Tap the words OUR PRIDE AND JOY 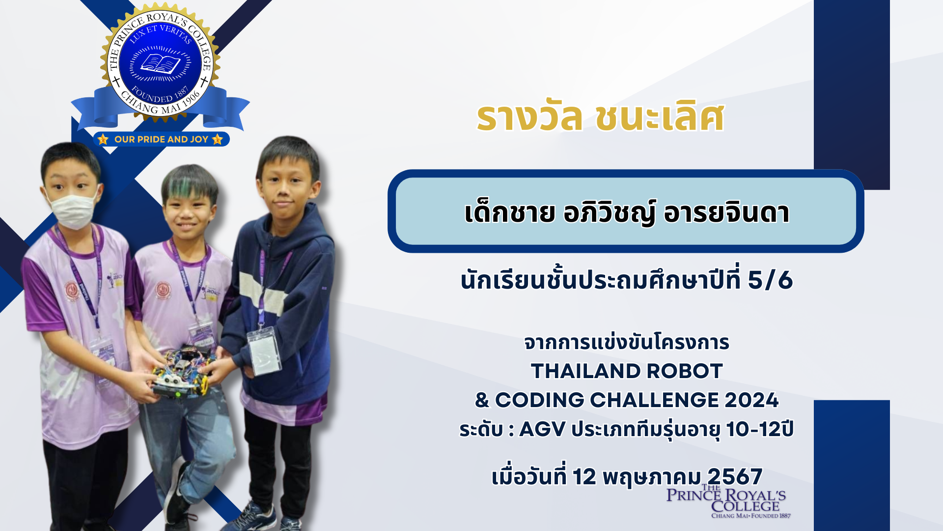(x=162, y=139)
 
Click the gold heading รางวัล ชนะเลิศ (x=600, y=118)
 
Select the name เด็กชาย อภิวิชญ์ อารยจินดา (x=627, y=212)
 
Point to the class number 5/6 (x=770, y=280)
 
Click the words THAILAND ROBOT (x=627, y=371)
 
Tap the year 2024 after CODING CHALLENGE (x=751, y=400)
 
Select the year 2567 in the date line (x=735, y=476)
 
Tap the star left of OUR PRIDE (x=103, y=139)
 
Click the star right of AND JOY (x=218, y=139)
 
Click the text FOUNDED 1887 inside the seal (x=160, y=95)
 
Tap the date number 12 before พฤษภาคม (x=584, y=476)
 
